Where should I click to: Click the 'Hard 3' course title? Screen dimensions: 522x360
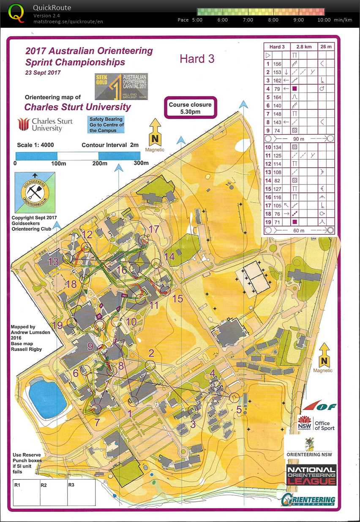point(197,59)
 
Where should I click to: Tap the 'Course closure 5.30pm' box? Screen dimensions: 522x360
point(190,108)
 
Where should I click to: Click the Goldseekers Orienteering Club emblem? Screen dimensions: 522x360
point(35,193)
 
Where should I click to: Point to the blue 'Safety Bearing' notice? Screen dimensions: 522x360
point(106,125)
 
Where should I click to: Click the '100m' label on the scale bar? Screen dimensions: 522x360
point(58,163)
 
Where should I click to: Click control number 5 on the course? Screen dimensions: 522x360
point(239,409)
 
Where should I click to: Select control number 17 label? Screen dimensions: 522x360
point(154,229)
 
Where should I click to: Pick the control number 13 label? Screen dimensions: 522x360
point(53,262)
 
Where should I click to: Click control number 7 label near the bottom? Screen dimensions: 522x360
point(97,422)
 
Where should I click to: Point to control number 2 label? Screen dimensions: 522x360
point(151,353)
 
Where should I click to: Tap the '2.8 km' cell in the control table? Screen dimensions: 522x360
point(304,46)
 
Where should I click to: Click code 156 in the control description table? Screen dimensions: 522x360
point(277,64)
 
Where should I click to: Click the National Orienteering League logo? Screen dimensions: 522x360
point(311,475)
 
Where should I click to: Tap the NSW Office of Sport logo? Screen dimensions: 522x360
point(316,422)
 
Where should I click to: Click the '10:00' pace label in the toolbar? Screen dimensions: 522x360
point(324,20)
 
